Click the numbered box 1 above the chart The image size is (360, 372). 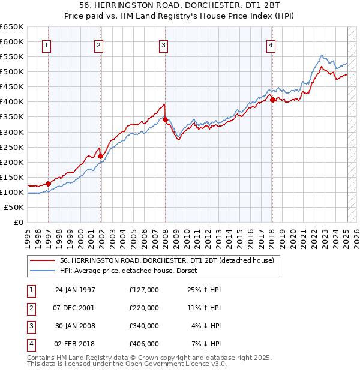[x=47, y=44]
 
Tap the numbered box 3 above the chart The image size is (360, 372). [x=163, y=44]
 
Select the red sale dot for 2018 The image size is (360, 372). [x=272, y=100]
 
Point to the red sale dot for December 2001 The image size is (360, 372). [x=101, y=156]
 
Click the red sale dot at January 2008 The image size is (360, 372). [x=165, y=120]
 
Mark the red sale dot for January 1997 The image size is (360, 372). [x=48, y=184]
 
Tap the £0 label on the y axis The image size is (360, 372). [x=18, y=222]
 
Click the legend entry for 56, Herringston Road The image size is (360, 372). [x=166, y=260]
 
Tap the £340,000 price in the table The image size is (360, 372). [x=144, y=326]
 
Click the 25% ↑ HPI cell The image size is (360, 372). [x=205, y=290]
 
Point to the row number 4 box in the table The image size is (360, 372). [x=30, y=344]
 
